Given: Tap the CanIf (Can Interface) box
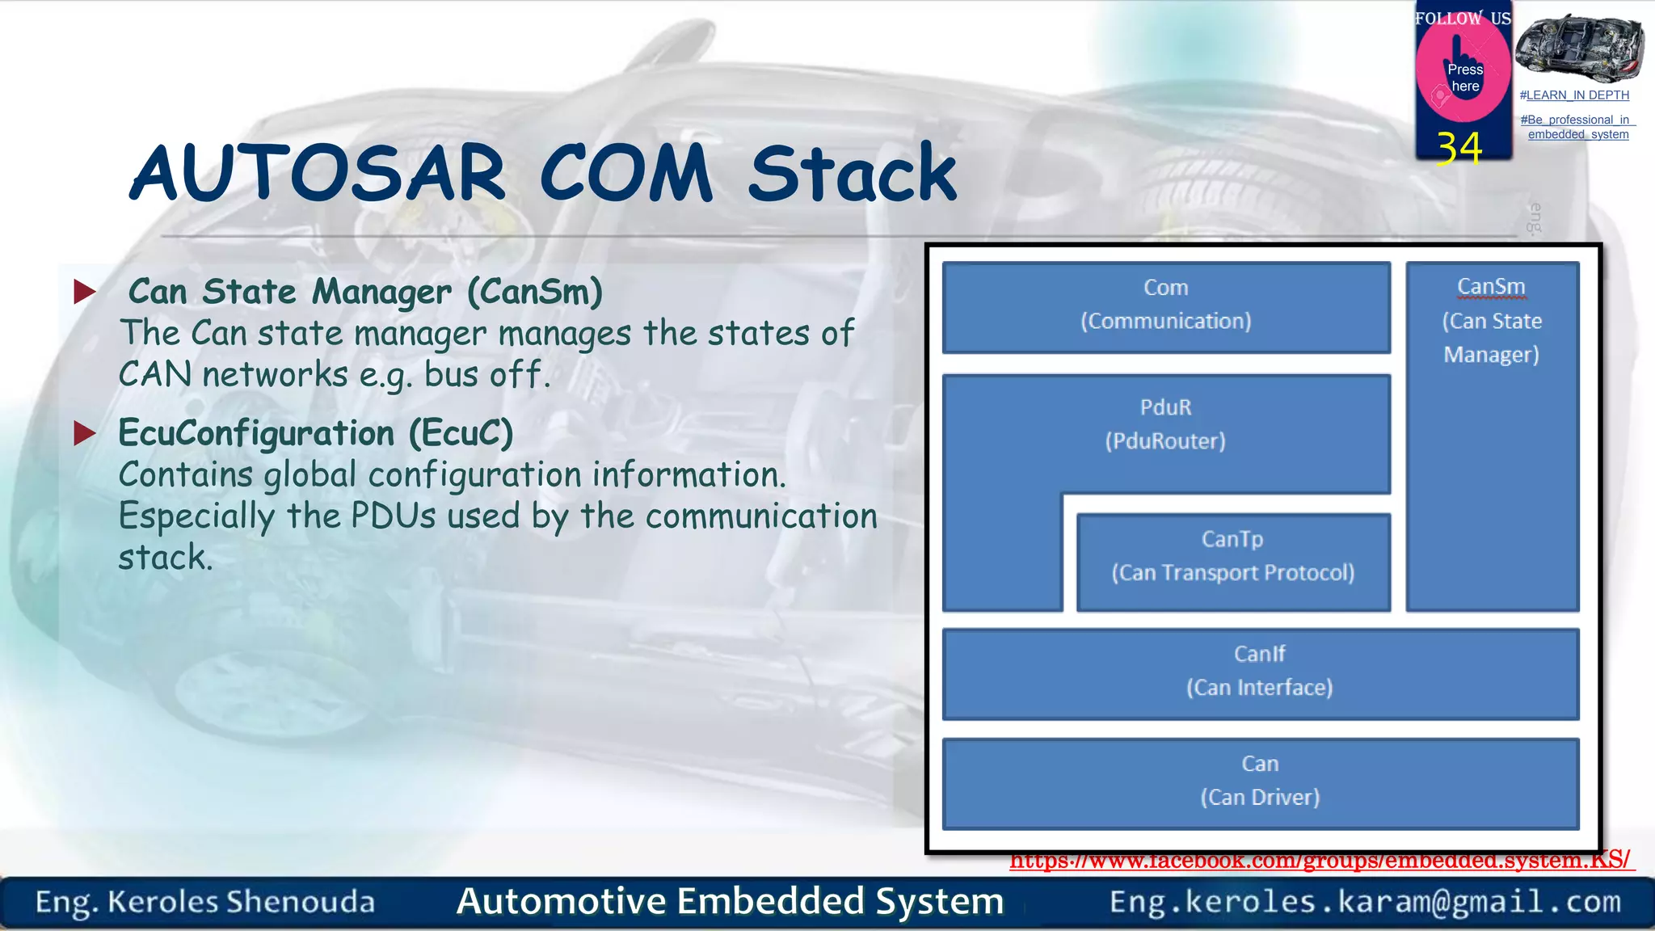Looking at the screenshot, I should (x=1259, y=672).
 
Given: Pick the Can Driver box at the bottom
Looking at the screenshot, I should (x=1259, y=782).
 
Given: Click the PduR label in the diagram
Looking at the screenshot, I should (x=1165, y=407).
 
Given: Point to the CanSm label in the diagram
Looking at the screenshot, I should (x=1491, y=287).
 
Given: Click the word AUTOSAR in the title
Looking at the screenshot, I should (x=318, y=173).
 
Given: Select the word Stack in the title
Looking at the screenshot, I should (x=853, y=173).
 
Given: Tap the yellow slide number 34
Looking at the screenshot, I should (x=1459, y=149).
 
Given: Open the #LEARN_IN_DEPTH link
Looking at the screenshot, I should (x=1574, y=95).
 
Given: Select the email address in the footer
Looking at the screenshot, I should (x=1365, y=902).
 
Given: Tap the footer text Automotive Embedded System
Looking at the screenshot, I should (x=730, y=902).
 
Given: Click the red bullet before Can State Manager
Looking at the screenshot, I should (x=85, y=292).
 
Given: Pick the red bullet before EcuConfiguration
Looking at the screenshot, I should (x=85, y=433).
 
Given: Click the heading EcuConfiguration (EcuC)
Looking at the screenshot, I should (x=315, y=433).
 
